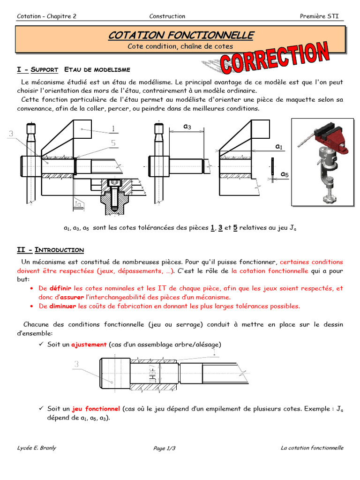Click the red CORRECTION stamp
coord(276,57)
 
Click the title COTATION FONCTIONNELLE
coord(181,35)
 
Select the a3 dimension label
coord(187,127)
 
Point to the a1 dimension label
coord(279,147)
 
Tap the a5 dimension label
coord(285,174)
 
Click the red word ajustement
coord(89,345)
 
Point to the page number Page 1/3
coord(164,449)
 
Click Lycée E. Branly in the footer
coord(37,448)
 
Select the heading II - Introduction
coord(50,250)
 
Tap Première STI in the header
coord(319,16)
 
